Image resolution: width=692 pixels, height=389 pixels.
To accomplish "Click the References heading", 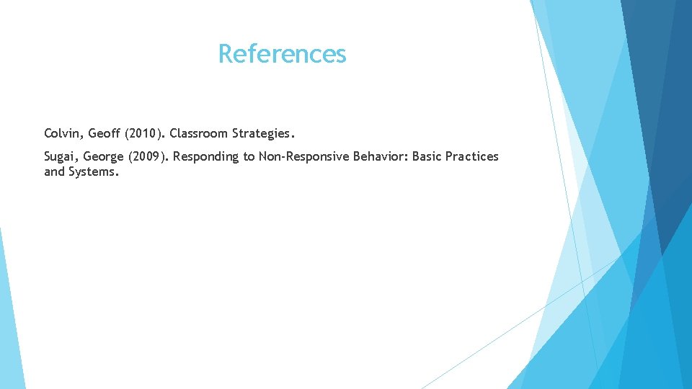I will point(282,53).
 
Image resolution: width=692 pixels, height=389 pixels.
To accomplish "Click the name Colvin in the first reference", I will point(63,133).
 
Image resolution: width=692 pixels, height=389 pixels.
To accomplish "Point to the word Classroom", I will point(199,133).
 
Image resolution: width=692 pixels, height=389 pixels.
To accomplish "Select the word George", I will point(104,156).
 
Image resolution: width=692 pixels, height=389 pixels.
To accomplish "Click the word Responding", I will point(207,156).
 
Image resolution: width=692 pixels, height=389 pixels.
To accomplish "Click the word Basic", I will point(427,156).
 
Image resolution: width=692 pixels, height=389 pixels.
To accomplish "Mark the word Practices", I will point(472,156).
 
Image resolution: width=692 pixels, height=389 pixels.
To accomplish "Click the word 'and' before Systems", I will point(54,172).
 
